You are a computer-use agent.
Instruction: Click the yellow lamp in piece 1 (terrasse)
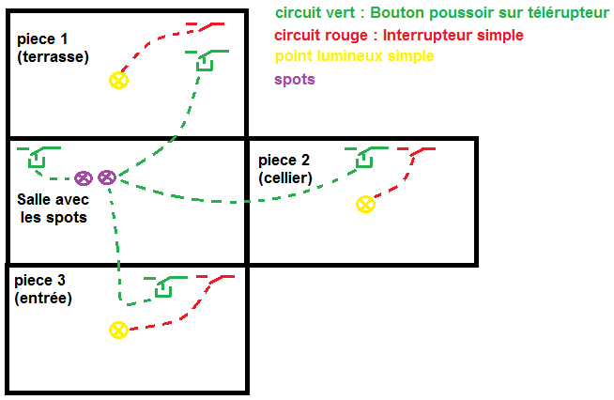(x=118, y=80)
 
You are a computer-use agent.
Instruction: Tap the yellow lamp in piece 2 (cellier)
(x=365, y=204)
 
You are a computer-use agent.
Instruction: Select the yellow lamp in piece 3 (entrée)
(x=118, y=330)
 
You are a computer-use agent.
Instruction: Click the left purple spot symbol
(x=84, y=177)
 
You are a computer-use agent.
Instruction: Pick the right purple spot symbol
(x=106, y=177)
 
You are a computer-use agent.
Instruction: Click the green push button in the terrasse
(x=205, y=61)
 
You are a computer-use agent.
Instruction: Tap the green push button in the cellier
(x=362, y=159)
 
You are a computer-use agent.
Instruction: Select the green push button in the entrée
(x=163, y=286)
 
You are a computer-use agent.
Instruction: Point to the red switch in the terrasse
(x=205, y=25)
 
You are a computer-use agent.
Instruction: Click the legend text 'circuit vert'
(x=310, y=13)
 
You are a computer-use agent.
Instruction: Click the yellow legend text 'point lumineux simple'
(x=354, y=57)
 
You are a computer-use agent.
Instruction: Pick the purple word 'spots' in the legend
(x=294, y=80)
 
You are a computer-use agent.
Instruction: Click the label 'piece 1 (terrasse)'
(x=53, y=48)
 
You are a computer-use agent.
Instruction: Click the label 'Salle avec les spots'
(x=53, y=208)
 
